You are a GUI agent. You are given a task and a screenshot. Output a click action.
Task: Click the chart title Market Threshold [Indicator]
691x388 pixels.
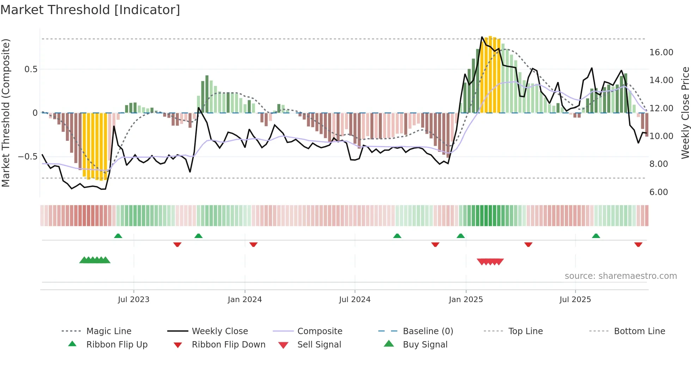[90, 10]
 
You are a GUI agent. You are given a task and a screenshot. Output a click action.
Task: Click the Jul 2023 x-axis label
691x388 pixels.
[134, 300]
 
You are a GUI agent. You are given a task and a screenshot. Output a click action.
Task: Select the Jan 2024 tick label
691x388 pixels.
[245, 300]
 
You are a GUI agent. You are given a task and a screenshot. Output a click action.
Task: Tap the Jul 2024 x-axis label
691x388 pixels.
[355, 300]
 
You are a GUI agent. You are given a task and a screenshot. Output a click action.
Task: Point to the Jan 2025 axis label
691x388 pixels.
[466, 300]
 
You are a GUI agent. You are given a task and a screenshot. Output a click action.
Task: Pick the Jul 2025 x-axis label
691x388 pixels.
[575, 300]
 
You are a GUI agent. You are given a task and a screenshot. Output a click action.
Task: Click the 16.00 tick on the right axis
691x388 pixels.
[661, 52]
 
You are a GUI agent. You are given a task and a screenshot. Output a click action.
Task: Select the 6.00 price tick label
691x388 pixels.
[659, 192]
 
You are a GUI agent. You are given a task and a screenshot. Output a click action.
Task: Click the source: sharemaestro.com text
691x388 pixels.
[620, 276]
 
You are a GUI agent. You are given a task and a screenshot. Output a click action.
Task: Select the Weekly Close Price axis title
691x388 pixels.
[685, 113]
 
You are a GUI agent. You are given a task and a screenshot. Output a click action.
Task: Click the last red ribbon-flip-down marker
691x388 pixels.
[638, 244]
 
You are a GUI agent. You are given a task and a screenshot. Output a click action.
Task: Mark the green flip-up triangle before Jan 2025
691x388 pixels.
[460, 236]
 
